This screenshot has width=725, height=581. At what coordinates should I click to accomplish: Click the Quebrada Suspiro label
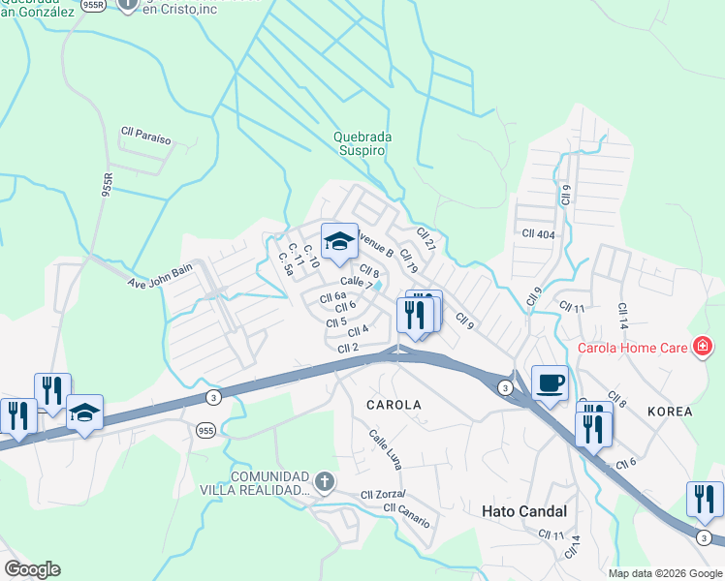(x=360, y=144)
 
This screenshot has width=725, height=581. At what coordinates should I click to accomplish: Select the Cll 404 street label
(x=539, y=234)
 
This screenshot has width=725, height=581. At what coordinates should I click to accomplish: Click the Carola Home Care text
(x=633, y=348)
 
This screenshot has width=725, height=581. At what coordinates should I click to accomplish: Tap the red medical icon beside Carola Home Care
(x=703, y=347)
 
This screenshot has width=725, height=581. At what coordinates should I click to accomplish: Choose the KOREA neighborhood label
(x=670, y=412)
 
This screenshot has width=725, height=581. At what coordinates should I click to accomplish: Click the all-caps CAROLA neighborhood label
(x=393, y=405)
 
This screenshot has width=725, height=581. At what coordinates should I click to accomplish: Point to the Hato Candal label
(x=524, y=510)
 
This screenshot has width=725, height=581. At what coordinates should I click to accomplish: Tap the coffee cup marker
(x=550, y=383)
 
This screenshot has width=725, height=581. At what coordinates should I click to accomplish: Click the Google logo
(x=32, y=569)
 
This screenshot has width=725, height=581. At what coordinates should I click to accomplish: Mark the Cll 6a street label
(x=332, y=296)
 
